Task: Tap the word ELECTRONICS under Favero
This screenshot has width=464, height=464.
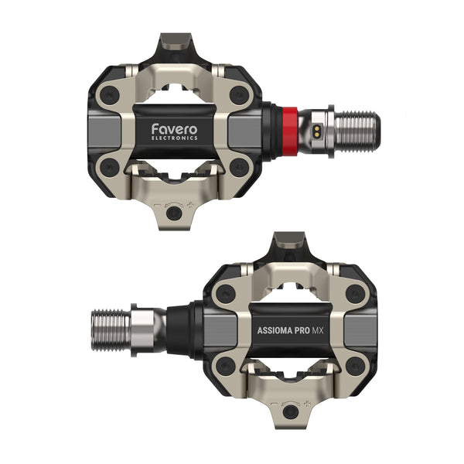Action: click(x=175, y=138)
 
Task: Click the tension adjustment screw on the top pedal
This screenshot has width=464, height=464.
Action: click(x=176, y=212)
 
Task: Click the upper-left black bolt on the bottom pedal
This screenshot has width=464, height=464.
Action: click(x=225, y=292)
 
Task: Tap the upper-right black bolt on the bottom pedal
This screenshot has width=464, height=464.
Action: click(x=355, y=292)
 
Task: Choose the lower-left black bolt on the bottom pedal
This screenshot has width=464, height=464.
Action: click(x=225, y=364)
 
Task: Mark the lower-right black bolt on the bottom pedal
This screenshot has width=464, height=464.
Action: click(x=355, y=364)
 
